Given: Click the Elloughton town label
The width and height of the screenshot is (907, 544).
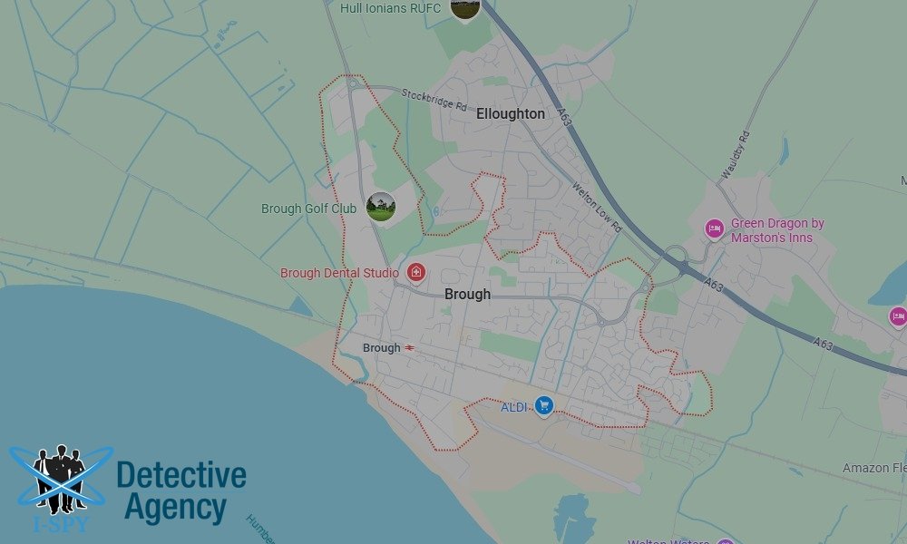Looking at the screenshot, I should [x=511, y=114].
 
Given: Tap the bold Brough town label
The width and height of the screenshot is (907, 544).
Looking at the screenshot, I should [x=467, y=294].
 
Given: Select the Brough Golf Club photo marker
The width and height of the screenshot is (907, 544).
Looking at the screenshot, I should [x=380, y=207].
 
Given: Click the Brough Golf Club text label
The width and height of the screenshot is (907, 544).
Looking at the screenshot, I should [x=308, y=209].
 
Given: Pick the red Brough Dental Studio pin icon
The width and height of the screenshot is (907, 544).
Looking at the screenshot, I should [x=416, y=272].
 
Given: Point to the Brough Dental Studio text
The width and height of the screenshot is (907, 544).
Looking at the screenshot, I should [x=339, y=273].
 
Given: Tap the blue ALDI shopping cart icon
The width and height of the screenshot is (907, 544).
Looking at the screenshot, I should [x=543, y=405].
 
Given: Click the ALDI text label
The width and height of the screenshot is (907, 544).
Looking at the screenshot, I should [x=513, y=407].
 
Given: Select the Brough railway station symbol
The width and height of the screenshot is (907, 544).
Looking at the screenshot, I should [x=410, y=348].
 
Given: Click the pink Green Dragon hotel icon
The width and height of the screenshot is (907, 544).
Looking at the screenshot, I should [x=714, y=228].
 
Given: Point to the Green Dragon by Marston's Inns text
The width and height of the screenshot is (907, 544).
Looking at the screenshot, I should [x=777, y=230].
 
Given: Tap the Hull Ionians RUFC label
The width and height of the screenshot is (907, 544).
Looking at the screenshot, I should [x=390, y=9].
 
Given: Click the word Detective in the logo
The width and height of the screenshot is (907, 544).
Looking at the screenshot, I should [x=181, y=475].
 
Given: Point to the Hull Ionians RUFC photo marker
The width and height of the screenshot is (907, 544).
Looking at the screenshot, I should [x=464, y=8].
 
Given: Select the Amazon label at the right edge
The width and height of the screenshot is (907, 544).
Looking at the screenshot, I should [x=873, y=468].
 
